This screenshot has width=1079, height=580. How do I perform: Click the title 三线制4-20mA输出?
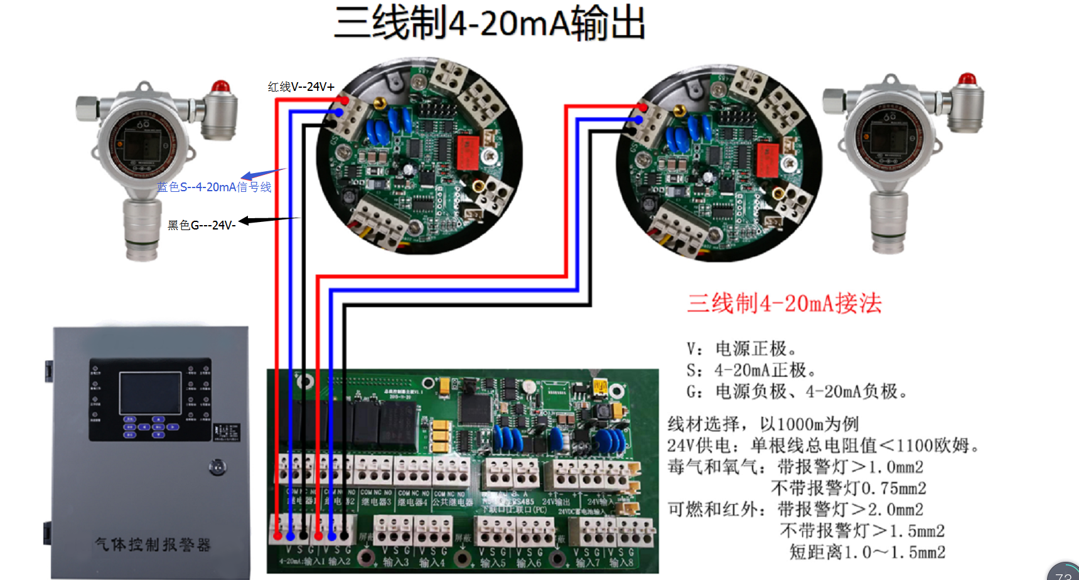pos(490,24)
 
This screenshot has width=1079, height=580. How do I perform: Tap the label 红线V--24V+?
pos(301,87)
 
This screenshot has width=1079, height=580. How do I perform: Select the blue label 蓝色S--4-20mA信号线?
pos(214,187)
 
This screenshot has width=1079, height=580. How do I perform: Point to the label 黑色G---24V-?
pos(201,225)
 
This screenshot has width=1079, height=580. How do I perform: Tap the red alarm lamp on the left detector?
pos(220,87)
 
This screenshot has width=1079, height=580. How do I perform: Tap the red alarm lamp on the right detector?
pos(967,80)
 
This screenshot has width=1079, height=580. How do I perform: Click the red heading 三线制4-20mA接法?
pos(785,303)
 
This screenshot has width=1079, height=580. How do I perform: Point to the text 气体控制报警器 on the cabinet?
pos(153,544)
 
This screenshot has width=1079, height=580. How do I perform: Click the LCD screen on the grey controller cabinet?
pos(150,393)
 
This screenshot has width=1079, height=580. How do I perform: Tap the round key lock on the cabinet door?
pos(217,467)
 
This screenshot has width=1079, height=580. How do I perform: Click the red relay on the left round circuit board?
pos(468,152)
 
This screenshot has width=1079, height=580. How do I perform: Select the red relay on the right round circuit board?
pos(768,159)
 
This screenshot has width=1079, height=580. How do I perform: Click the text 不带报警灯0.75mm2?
pos(849,488)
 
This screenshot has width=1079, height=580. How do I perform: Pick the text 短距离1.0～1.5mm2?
pos(867,552)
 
